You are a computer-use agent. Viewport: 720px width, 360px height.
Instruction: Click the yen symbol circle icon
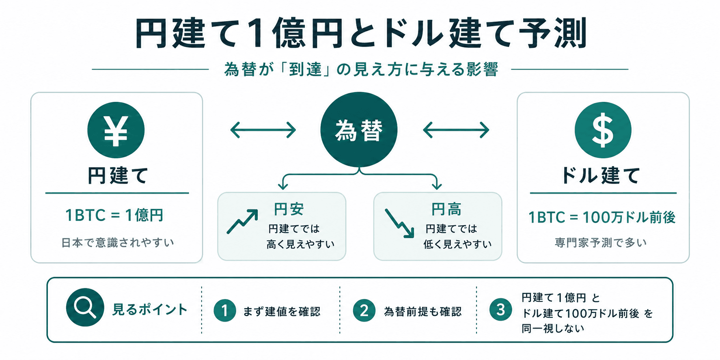pyautogui.click(x=116, y=130)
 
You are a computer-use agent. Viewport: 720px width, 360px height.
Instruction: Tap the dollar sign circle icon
pyautogui.click(x=603, y=130)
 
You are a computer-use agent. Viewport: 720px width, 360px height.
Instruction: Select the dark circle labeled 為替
pyautogui.click(x=359, y=130)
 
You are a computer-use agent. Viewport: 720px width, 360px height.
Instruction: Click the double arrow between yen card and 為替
pyautogui.click(x=263, y=130)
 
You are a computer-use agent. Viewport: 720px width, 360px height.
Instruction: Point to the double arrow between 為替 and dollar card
pyautogui.click(x=456, y=130)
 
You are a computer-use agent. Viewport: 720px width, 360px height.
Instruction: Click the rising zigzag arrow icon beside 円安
pyautogui.click(x=242, y=222)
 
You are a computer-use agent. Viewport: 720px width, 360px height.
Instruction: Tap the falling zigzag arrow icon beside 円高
pyautogui.click(x=399, y=223)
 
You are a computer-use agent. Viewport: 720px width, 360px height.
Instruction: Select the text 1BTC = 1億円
pyautogui.click(x=114, y=215)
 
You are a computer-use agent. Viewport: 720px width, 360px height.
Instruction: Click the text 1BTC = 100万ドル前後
pyautogui.click(x=602, y=218)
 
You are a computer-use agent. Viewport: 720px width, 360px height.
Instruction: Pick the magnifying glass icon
pyautogui.click(x=85, y=307)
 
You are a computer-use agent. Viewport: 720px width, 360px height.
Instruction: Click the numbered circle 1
pyautogui.click(x=225, y=310)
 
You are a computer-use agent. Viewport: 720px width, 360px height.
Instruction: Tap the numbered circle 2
pyautogui.click(x=364, y=310)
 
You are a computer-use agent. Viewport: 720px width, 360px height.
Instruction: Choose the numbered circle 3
pyautogui.click(x=501, y=310)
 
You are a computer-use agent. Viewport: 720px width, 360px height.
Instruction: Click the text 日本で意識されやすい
pyautogui.click(x=118, y=242)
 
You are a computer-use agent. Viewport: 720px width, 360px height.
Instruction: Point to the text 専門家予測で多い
pyautogui.click(x=601, y=242)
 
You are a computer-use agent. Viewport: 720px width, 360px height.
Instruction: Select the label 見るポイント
pyautogui.click(x=150, y=310)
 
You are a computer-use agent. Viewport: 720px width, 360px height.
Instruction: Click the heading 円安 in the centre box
pyautogui.click(x=289, y=209)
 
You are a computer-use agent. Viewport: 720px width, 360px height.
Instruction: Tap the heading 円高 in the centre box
pyautogui.click(x=446, y=209)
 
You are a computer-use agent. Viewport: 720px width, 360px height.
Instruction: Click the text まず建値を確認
pyautogui.click(x=282, y=311)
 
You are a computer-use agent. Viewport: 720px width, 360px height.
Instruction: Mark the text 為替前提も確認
pyautogui.click(x=423, y=311)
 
